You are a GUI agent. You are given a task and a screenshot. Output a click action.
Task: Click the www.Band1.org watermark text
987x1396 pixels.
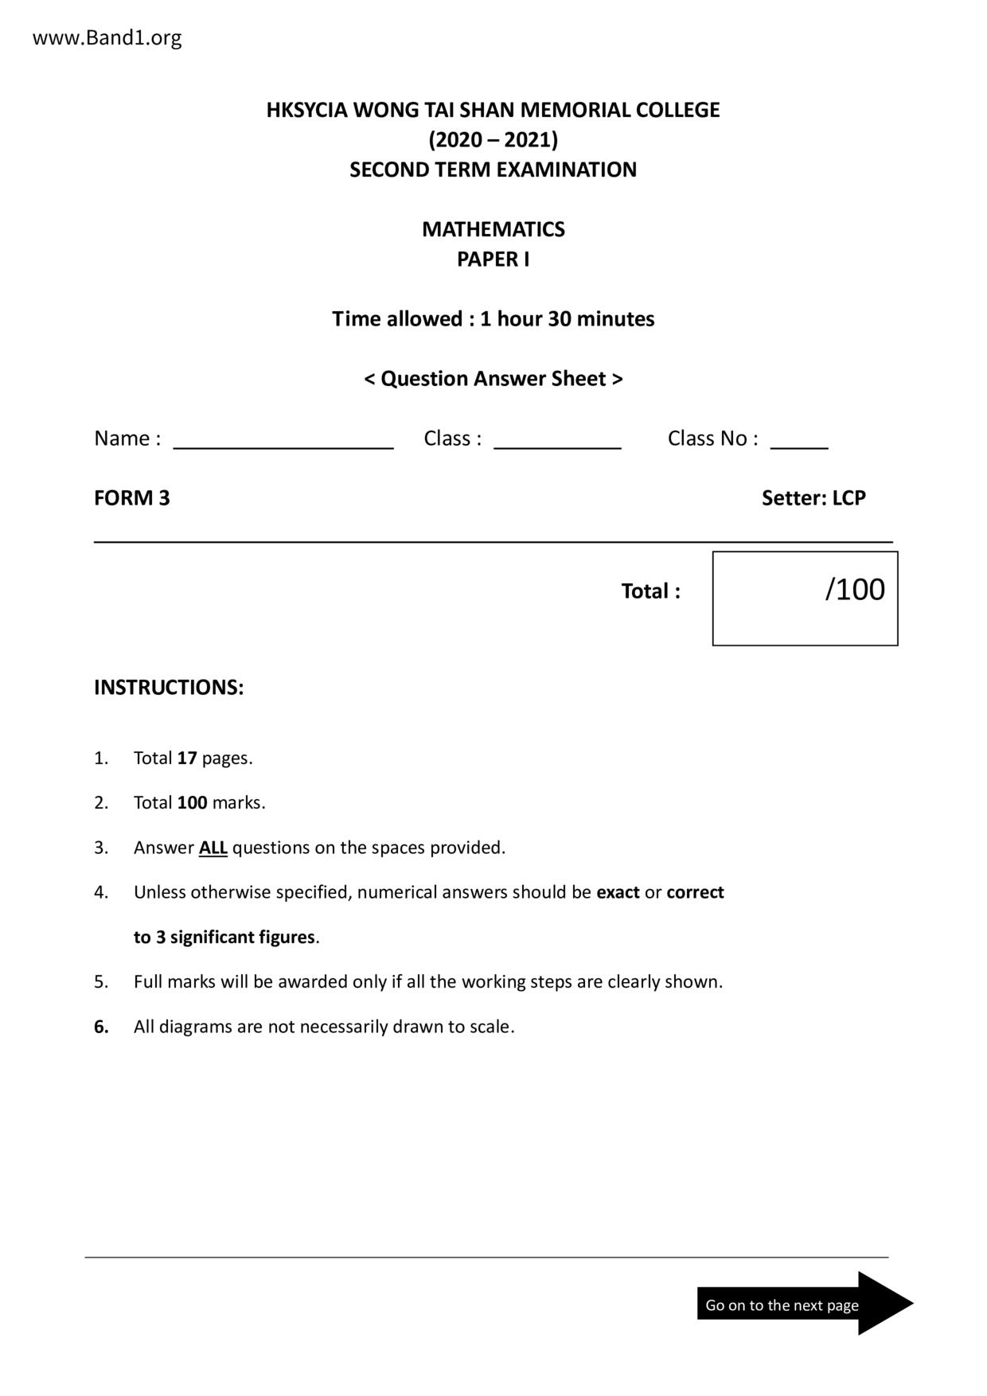coord(107,37)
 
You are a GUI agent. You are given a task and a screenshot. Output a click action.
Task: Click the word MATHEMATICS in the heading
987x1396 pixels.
coord(493,229)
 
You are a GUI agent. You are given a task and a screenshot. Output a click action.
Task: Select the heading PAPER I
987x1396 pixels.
coord(493,259)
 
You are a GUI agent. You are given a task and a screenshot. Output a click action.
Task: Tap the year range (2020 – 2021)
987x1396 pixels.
coord(493,140)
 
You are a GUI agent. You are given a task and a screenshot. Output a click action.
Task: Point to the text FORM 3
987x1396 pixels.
coord(132,498)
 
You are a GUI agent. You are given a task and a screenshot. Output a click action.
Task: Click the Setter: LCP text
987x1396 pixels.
coord(813,498)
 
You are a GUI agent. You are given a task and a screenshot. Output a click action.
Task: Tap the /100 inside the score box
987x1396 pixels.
coord(855,590)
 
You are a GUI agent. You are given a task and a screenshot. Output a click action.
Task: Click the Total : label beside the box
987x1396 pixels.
coord(650,591)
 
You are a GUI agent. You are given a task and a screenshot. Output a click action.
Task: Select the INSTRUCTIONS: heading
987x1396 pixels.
coord(169,688)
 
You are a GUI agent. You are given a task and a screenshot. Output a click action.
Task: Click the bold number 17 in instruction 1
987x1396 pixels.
coord(187,758)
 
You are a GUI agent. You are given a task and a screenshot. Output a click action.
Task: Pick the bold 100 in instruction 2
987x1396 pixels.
coord(192,802)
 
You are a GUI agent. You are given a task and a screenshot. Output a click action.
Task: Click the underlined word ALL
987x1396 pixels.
coord(213,848)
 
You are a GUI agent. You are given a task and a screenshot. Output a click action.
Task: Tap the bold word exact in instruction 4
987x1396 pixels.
coord(618,892)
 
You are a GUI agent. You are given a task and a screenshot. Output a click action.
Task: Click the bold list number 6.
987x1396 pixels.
coord(101,1027)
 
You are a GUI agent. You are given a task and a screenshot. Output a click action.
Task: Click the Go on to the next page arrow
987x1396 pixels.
coord(804,1304)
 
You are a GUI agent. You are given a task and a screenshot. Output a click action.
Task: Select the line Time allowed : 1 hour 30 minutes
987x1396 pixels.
coord(493,319)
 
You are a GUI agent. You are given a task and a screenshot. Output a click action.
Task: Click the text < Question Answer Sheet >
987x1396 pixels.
coord(493,379)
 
